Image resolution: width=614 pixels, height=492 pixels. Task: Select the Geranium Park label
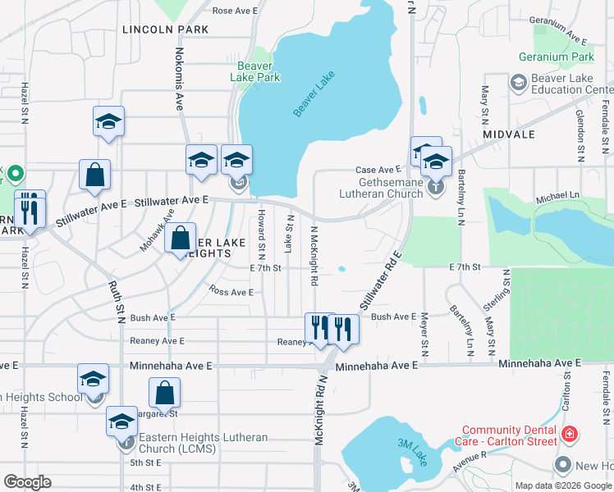556,57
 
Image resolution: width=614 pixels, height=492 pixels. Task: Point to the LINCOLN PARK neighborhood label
165,30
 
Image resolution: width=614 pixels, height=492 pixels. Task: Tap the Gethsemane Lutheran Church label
381,188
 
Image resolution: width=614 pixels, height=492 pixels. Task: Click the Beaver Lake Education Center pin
518,83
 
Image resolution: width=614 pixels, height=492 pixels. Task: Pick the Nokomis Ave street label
178,79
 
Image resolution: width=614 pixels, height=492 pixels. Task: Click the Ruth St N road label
115,303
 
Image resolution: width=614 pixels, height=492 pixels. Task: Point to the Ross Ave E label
231,291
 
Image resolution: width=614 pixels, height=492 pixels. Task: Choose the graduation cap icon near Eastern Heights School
93,380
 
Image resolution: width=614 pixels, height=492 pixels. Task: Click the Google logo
27,482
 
